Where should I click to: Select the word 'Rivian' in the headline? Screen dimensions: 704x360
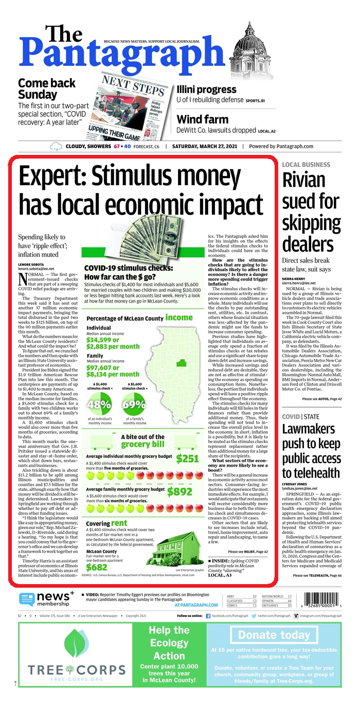[304, 180]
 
